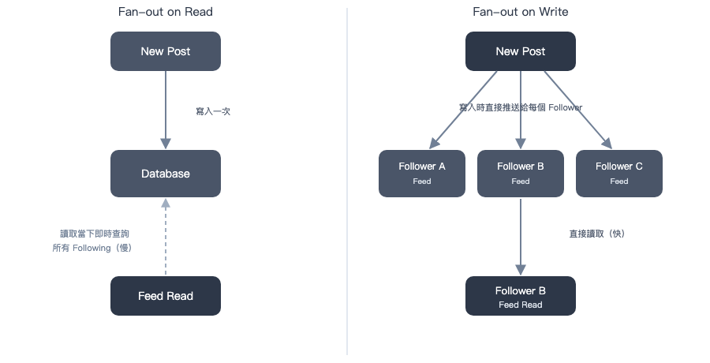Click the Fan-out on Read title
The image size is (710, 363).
[166, 12]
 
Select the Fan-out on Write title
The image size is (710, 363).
[521, 12]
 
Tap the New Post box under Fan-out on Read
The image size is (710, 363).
[166, 51]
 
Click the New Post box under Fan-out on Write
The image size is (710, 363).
[521, 51]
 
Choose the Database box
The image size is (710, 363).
[166, 174]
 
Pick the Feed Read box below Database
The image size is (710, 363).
[166, 296]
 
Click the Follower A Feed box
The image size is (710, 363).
[422, 174]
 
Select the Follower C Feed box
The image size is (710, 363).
[619, 174]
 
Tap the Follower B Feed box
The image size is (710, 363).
[521, 174]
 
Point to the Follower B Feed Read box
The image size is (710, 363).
[521, 296]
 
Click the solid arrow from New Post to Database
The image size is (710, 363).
[166, 110]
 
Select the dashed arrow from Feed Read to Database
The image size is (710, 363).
[166, 237]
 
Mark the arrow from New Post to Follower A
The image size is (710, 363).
[463, 110]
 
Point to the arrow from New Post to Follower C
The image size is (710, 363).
[577, 110]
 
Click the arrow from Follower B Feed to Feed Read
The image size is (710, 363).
[521, 237]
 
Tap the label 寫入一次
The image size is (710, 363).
[213, 111]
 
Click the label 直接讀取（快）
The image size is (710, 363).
[597, 234]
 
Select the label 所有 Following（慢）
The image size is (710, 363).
[92, 248]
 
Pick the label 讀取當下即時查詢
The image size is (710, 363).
[95, 234]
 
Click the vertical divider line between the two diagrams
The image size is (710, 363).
[347, 181]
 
